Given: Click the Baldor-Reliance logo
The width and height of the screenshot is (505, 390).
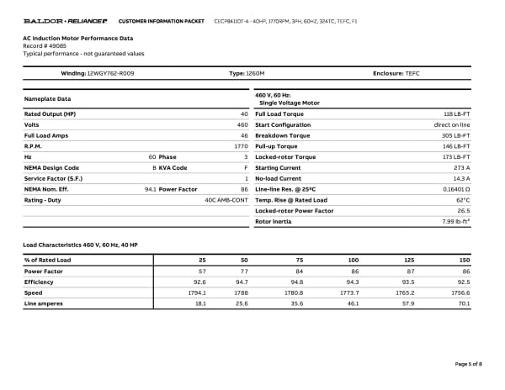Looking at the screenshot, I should pos(65,19).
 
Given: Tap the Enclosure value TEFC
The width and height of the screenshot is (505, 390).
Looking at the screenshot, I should pos(412,74).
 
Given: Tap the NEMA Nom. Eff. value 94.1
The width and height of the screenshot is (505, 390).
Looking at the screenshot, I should pos(151,189).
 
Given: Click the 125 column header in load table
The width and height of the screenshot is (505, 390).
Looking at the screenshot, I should pos(409,261).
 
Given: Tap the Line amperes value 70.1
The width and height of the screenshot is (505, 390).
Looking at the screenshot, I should pos(463,303).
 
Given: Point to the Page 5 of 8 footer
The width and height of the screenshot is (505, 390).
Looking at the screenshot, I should pos(468,363).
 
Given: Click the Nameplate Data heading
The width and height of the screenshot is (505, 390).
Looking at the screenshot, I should pos(47,99).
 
